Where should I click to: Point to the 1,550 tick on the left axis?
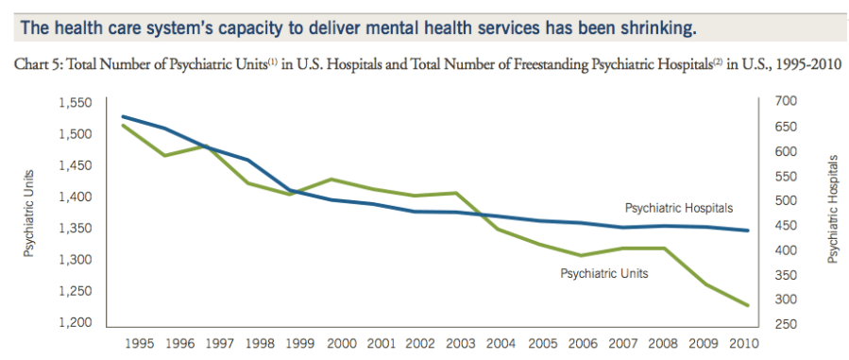(79, 102)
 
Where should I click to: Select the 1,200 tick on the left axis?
(79, 323)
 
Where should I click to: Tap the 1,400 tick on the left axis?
(79, 197)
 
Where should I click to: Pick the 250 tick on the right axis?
(785, 324)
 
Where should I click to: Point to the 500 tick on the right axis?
(785, 201)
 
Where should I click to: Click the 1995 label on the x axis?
(139, 344)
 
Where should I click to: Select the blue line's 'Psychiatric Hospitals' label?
(678, 208)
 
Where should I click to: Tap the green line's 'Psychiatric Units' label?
(604, 274)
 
